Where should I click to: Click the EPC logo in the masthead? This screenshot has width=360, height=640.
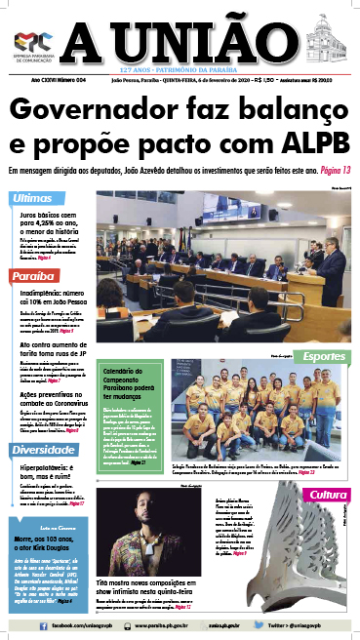[32, 39]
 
